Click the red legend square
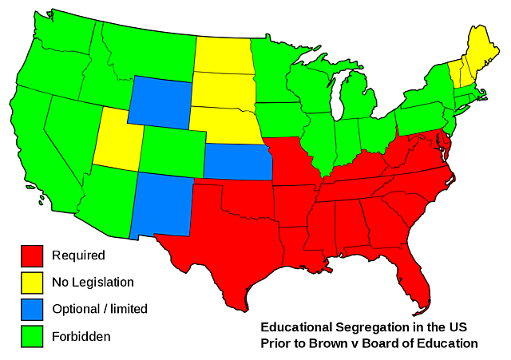coord(32,255)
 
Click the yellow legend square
coord(32,282)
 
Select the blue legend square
coord(32,309)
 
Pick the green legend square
coord(32,336)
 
